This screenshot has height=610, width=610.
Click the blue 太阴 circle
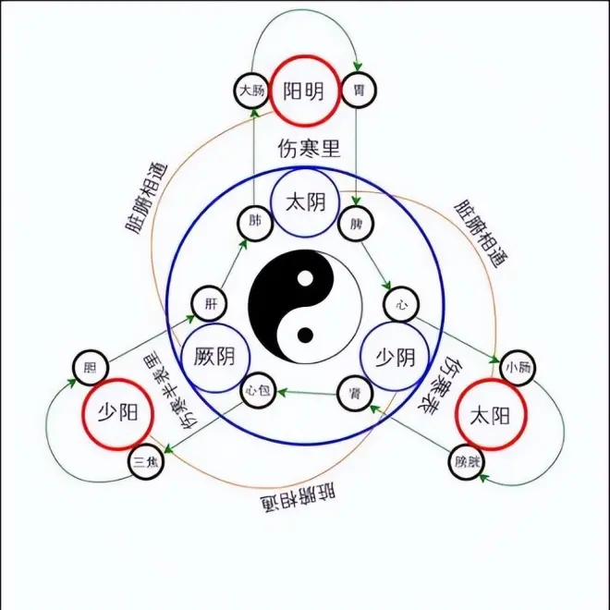305,201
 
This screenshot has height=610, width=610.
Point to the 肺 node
255,221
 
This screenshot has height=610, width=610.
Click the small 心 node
400,302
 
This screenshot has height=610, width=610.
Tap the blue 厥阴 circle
213,355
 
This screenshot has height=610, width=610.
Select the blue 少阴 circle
395,357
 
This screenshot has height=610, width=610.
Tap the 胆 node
90,367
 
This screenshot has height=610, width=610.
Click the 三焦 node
144,460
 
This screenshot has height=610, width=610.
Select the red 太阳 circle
491,414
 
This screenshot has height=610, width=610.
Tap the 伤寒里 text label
304,148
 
